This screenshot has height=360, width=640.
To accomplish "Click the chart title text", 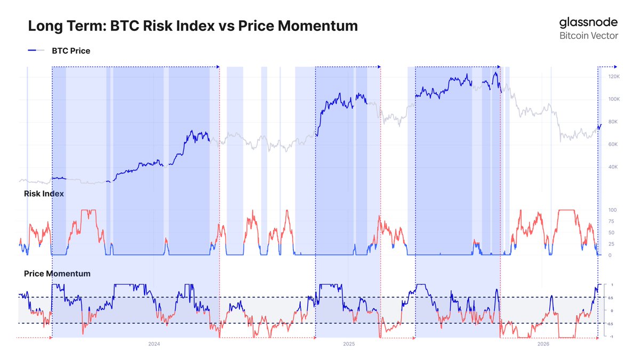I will (x=193, y=26).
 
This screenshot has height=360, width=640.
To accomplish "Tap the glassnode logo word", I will (x=588, y=22).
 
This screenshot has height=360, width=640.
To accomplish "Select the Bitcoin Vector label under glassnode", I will (x=589, y=36).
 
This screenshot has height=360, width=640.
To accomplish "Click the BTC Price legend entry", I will (x=71, y=51).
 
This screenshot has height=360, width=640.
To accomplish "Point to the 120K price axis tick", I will (x=614, y=77).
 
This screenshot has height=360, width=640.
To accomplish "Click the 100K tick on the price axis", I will (x=614, y=99).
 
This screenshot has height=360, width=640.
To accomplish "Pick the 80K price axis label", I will (x=613, y=122).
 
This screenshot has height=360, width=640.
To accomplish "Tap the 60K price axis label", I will (x=613, y=145).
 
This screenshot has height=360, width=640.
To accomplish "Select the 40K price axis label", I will (x=613, y=167).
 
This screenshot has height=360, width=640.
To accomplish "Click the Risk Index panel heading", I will (x=44, y=194).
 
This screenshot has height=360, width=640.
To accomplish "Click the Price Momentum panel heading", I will (x=57, y=274).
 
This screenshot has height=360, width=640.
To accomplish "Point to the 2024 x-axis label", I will (x=154, y=345).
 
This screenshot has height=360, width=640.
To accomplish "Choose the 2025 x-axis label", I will (x=348, y=345).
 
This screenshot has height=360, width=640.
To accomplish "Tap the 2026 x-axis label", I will (x=543, y=345).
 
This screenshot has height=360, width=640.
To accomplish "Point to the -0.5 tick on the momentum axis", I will (x=611, y=324).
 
